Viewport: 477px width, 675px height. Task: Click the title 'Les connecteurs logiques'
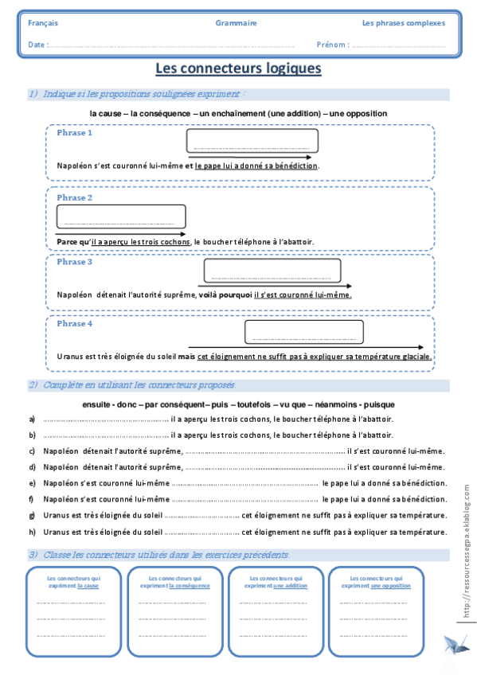(x=238, y=68)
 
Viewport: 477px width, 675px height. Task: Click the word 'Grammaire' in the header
(x=236, y=23)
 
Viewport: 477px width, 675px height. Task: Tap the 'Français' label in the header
(x=43, y=23)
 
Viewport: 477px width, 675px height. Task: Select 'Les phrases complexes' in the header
(x=403, y=23)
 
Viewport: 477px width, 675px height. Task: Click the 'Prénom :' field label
(x=332, y=45)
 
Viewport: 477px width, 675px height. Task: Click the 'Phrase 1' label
(x=75, y=133)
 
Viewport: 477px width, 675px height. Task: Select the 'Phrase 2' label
(x=75, y=197)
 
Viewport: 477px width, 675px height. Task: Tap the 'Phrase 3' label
(x=75, y=262)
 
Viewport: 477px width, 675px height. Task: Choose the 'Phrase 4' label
(x=75, y=324)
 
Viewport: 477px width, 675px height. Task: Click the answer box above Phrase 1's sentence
(x=252, y=141)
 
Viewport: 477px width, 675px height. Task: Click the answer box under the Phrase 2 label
(x=121, y=217)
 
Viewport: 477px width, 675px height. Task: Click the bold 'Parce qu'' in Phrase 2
(x=73, y=241)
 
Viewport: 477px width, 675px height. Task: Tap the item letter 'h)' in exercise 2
(x=32, y=531)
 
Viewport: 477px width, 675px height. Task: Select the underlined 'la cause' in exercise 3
(x=88, y=585)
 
